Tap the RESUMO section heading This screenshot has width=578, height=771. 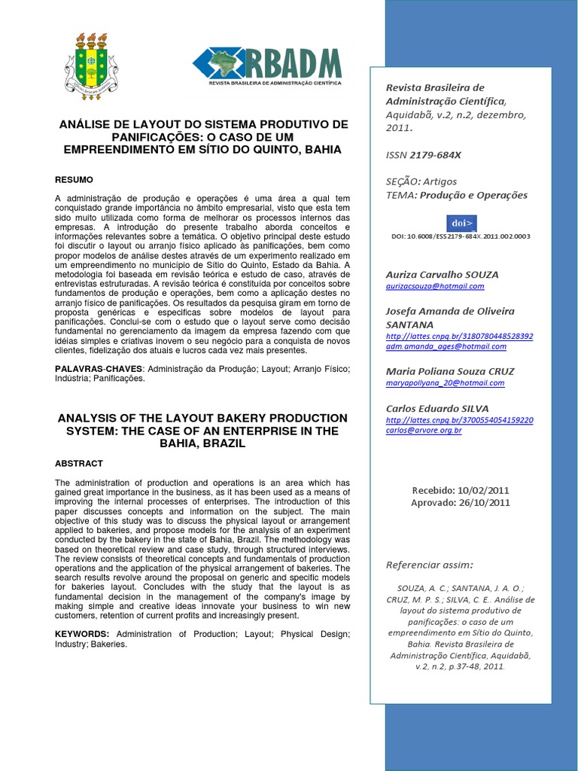pos(74,180)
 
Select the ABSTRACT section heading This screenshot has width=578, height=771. pos(79,464)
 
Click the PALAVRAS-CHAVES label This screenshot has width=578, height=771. pos(98,369)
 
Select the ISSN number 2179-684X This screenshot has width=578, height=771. pos(436,154)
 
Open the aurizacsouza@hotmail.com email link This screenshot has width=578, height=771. pos(434,286)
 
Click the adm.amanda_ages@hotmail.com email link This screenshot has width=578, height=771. pos(446,346)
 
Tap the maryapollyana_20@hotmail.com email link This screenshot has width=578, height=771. pos(445,382)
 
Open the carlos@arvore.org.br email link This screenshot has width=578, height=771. pos(423,430)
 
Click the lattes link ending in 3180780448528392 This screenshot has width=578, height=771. pos(459,336)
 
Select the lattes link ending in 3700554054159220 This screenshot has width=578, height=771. pos(459,419)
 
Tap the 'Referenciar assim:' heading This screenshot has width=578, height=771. pos(429,565)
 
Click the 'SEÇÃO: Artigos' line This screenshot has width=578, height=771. pos(421,181)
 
